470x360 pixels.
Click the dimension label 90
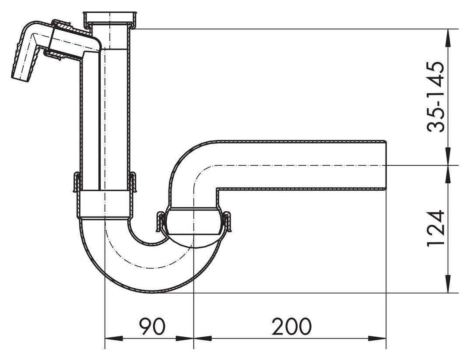point(152,326)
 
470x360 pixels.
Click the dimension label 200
point(291,326)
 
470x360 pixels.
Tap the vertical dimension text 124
point(435,228)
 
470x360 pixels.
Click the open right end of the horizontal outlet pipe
point(386,165)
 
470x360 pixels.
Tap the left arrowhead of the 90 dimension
point(114,339)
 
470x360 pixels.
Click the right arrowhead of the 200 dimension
point(377,339)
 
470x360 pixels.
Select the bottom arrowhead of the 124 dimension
point(448,283)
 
